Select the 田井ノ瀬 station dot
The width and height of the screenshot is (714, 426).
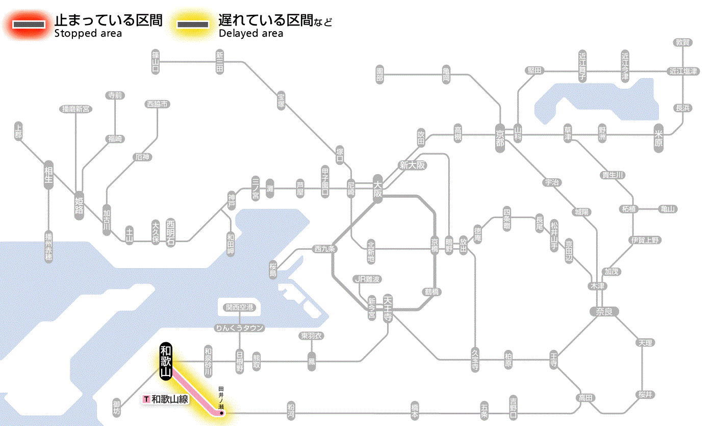pyautogui.click(x=222, y=412)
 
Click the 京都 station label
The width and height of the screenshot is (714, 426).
pyautogui.click(x=500, y=135)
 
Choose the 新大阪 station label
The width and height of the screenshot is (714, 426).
pyautogui.click(x=413, y=165)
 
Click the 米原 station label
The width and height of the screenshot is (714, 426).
pyautogui.click(x=659, y=138)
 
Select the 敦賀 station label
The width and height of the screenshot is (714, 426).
pyautogui.click(x=683, y=42)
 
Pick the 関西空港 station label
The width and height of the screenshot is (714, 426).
pyautogui.click(x=239, y=307)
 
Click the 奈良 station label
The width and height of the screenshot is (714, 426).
pyautogui.click(x=604, y=311)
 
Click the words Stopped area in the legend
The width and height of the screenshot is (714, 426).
pyautogui.click(x=88, y=34)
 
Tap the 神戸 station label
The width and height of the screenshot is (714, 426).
pyautogui.click(x=232, y=201)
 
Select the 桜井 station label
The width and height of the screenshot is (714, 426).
pyautogui.click(x=645, y=394)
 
